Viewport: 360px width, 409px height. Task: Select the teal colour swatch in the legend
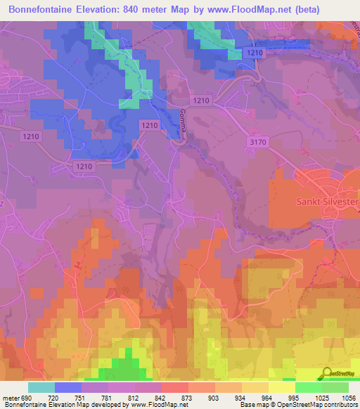pos(41,387)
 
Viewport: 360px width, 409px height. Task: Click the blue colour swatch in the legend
pos(68,387)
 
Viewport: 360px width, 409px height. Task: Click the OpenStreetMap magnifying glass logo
pos(326,372)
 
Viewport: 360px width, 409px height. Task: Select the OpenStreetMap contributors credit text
pos(316,405)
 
